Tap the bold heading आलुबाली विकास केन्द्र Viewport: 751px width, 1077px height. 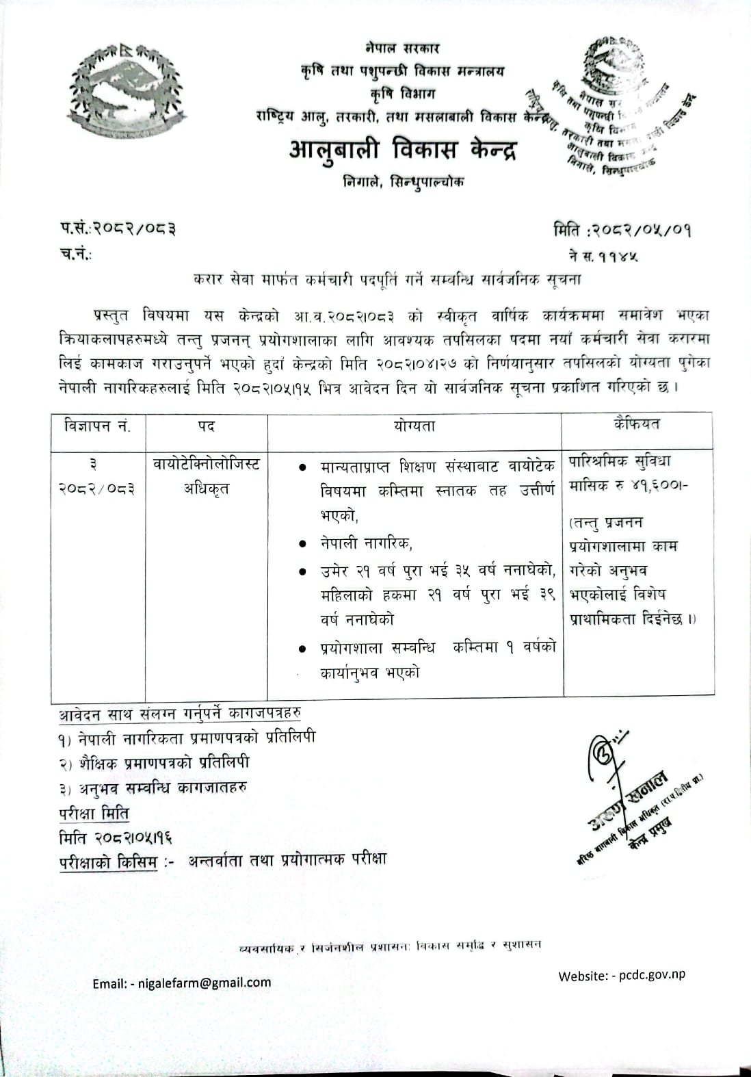point(403,149)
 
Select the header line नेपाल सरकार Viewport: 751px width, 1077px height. point(403,49)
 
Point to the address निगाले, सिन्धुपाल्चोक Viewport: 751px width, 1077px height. point(404,182)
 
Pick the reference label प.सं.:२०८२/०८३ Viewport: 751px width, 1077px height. point(116,229)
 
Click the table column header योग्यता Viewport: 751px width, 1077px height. point(414,426)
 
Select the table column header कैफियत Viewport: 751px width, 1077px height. point(637,424)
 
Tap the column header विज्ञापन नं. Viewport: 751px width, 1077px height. point(98,426)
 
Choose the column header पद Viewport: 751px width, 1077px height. point(207,426)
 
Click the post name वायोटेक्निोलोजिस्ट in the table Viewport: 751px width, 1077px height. point(207,465)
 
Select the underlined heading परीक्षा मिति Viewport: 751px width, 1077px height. point(94,814)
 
